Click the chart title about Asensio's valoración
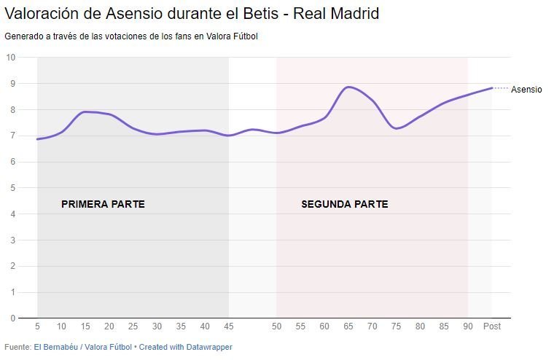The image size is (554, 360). [192, 14]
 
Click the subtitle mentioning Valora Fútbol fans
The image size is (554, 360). [131, 36]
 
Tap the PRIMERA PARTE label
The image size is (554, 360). [103, 204]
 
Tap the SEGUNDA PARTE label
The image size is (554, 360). [344, 204]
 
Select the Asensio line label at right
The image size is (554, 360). [526, 90]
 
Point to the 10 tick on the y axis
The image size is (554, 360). [11, 58]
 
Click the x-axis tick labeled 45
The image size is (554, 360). [229, 326]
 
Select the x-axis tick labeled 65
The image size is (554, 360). [348, 326]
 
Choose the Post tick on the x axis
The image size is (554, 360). [492, 326]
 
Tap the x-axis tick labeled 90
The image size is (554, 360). [468, 326]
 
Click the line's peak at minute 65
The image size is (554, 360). [349, 87]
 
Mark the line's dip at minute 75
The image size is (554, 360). [397, 128]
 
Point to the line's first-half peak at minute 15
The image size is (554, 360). [85, 111]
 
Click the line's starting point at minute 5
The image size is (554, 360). [38, 139]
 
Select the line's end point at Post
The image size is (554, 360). [492, 88]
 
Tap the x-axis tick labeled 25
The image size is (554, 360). [133, 326]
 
